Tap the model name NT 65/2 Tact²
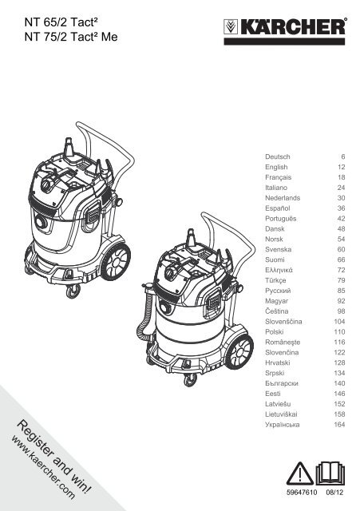pos(61,22)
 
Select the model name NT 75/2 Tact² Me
pos(71,37)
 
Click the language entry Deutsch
pos(277,156)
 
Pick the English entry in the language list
pos(276,167)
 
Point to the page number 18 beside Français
pos(341,177)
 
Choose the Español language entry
pos(277,208)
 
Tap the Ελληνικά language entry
pos(279,270)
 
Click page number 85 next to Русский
pos(341,291)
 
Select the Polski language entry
pos(274,332)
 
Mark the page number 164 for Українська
pos(339,424)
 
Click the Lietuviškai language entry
pos(281,414)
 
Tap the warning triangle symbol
pos(300,473)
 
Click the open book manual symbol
pos(330,473)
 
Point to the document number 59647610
pos(302,492)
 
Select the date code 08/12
pos(334,492)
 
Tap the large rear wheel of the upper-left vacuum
pos(116,261)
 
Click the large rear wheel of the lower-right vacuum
pos(239,351)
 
